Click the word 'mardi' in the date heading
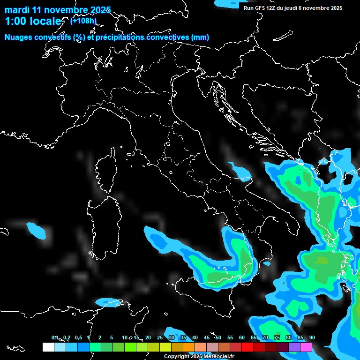(16, 10)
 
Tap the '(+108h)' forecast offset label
(83, 21)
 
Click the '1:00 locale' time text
(33, 22)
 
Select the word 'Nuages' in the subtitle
(18, 37)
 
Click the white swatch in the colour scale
(48, 347)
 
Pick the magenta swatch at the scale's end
(306, 347)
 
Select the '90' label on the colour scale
(312, 338)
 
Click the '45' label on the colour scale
(206, 338)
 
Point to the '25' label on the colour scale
(159, 338)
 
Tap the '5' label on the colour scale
(112, 338)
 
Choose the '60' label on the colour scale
(241, 338)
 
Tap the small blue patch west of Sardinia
(37, 230)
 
